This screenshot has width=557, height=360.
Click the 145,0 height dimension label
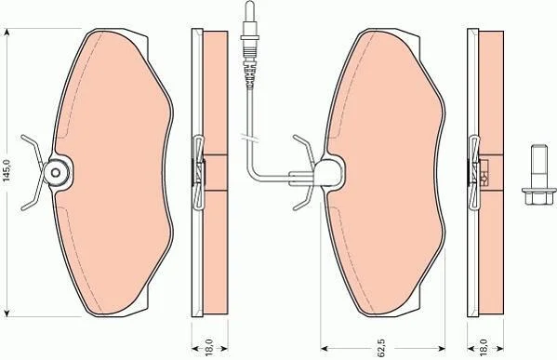[x=7, y=171]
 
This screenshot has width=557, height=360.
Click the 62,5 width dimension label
[x=381, y=348]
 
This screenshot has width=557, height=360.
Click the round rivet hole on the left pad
[x=56, y=173]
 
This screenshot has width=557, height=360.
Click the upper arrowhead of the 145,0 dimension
[x=7, y=33]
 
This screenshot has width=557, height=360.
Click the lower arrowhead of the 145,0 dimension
[x=7, y=312]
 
